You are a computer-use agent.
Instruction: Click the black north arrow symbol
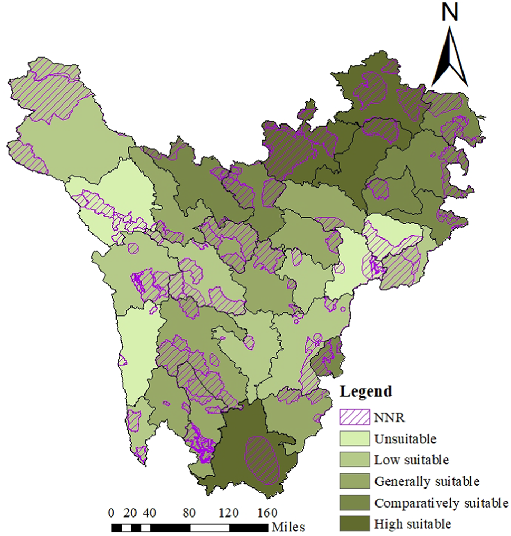[x=449, y=58]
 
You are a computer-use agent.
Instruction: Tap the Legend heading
[x=366, y=391]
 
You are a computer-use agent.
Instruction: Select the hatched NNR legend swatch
[x=354, y=417]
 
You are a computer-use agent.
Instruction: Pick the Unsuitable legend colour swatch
[x=354, y=438]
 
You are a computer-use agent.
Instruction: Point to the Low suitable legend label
[x=411, y=460]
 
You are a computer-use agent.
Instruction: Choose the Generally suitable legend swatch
[x=354, y=481]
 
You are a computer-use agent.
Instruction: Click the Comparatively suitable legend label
[x=441, y=503]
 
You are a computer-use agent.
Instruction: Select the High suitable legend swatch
[x=354, y=524]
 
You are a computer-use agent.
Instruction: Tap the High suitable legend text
[x=412, y=524]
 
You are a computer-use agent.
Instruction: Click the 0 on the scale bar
[x=111, y=513]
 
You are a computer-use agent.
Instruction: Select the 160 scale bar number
[x=267, y=513]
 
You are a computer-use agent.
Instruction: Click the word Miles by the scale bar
[x=288, y=527]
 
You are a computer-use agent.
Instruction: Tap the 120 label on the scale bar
[x=228, y=513]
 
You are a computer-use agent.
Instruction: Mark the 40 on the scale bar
[x=150, y=513]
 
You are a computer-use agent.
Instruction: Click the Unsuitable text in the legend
[x=405, y=438]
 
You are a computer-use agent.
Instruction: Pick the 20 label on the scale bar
[x=130, y=513]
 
